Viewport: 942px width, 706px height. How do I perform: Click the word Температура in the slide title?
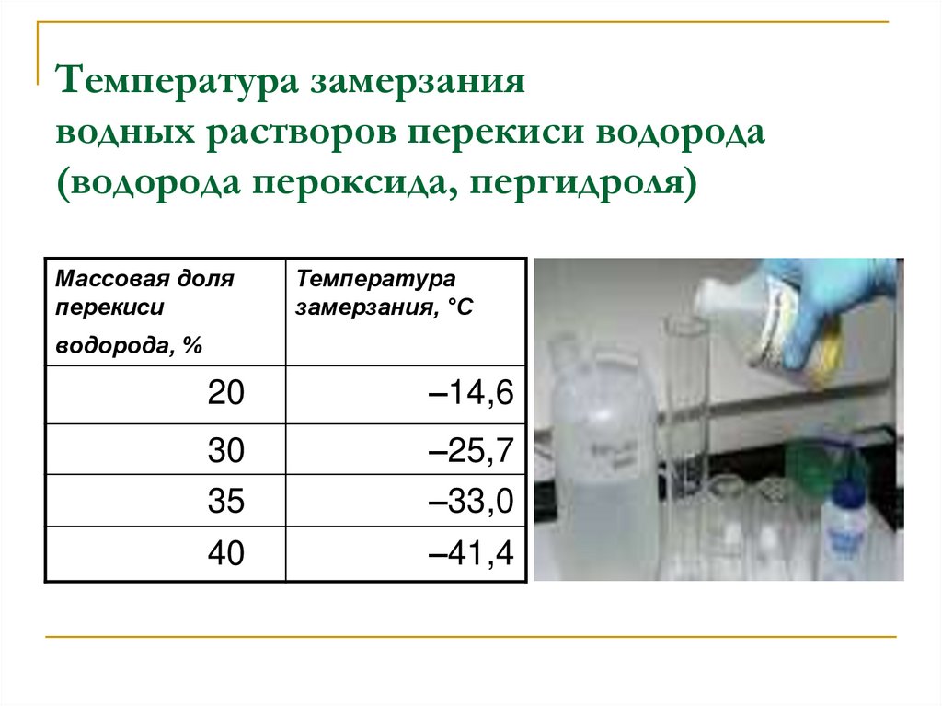tap(178, 81)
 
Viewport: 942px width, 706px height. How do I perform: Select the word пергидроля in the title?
tap(582, 182)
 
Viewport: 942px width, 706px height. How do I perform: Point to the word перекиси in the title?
tap(496, 132)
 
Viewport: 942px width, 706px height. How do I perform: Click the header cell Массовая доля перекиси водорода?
tap(166, 312)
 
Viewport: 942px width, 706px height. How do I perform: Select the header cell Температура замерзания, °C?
tap(406, 312)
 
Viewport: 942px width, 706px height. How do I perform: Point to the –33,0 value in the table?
tap(471, 502)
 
